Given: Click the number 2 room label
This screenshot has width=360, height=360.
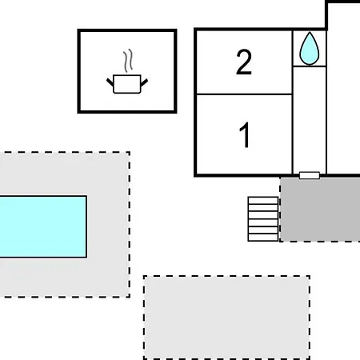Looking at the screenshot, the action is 244,62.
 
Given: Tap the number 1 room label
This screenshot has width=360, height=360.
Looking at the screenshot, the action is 244,135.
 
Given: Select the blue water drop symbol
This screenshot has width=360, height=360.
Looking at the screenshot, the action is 310,49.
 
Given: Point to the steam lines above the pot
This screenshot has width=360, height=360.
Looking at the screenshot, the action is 128,60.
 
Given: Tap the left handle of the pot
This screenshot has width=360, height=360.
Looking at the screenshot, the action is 110,82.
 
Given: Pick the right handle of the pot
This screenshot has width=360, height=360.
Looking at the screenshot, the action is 144,82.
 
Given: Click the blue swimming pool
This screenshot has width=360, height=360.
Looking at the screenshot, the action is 43,226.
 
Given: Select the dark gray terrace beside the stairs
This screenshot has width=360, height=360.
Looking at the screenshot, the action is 320,210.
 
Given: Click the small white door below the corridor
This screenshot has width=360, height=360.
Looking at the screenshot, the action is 310,175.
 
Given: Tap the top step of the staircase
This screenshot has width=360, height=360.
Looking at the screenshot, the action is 263,201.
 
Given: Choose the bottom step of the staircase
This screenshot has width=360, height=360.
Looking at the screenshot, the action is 263,238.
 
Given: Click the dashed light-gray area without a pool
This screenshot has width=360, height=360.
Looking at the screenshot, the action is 226,318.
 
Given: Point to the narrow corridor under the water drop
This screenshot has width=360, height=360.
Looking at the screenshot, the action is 310,120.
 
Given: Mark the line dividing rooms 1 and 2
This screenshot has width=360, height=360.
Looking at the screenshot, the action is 244,94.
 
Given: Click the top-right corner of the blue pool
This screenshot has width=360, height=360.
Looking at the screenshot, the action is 86,196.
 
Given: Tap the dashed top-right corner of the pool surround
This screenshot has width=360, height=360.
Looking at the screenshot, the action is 130,152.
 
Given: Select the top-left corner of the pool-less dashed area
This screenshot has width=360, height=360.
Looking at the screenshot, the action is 144,276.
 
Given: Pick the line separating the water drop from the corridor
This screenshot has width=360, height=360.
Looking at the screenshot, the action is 310,66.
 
